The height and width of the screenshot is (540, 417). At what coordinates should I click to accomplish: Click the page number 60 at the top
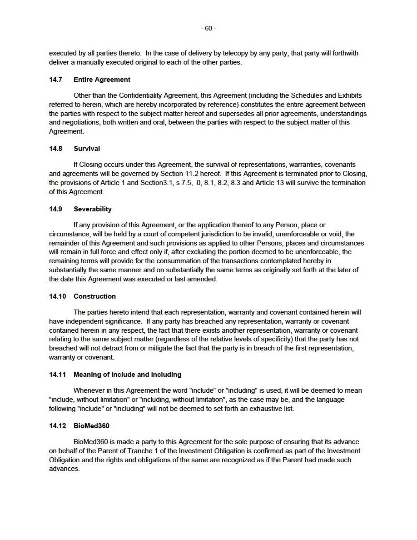[208, 29]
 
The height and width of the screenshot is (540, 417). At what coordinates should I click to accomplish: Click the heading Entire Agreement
[102, 80]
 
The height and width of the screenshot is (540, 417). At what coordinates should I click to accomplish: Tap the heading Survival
[87, 149]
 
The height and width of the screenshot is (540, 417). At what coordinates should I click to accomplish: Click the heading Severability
[93, 209]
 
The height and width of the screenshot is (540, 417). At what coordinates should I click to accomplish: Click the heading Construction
[94, 296]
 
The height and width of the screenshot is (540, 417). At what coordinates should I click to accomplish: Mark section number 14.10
[57, 296]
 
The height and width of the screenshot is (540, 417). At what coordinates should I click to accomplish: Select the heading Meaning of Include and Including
[127, 375]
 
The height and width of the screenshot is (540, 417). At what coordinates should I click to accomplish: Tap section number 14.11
[57, 375]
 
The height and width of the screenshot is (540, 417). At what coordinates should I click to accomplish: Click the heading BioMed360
[91, 426]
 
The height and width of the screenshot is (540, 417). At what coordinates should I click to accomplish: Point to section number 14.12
[57, 426]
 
